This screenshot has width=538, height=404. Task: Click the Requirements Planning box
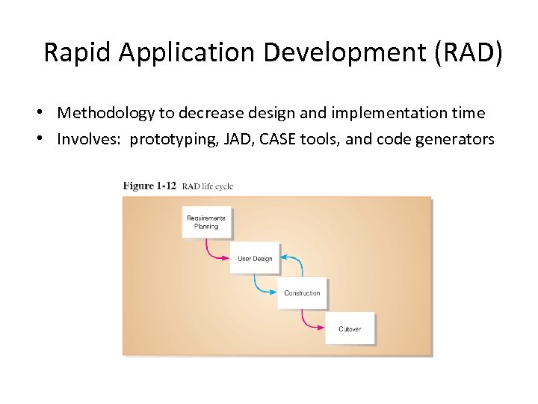pyautogui.click(x=205, y=223)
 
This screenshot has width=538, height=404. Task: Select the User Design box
pyautogui.click(x=255, y=258)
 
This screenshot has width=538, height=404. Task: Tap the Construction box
pyautogui.click(x=302, y=293)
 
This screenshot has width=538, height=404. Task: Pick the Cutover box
pyautogui.click(x=349, y=328)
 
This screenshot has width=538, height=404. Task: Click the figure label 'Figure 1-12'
pyautogui.click(x=149, y=186)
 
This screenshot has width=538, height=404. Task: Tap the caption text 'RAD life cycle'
pyautogui.click(x=208, y=186)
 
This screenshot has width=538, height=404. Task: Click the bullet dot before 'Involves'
pyautogui.click(x=46, y=138)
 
